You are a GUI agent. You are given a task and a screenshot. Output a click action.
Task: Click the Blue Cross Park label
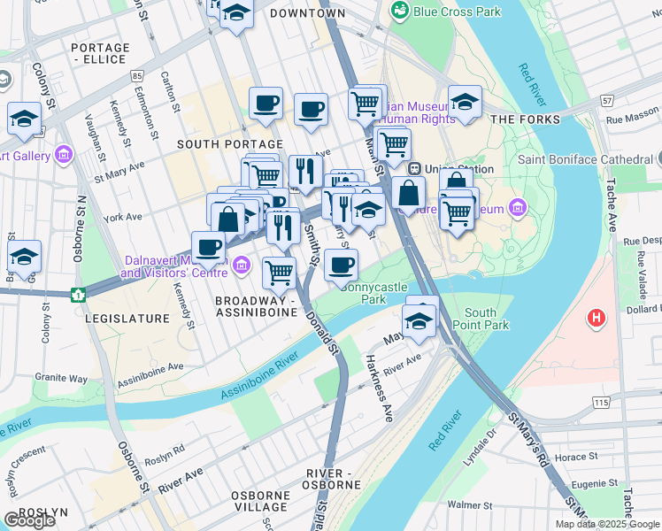click(x=450, y=11)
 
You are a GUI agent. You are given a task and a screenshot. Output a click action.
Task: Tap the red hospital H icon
click(x=598, y=317)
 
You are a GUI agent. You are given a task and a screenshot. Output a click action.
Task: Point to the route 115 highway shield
click(x=603, y=403)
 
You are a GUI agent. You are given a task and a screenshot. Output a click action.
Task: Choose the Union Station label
click(x=444, y=168)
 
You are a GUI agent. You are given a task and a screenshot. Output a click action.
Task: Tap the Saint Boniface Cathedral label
click(x=584, y=159)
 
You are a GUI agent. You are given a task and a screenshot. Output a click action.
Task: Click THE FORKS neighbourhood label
click(x=525, y=119)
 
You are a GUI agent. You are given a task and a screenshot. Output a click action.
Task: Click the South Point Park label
click(x=487, y=319)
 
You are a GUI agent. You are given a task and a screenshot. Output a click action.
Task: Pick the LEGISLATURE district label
click(x=127, y=318)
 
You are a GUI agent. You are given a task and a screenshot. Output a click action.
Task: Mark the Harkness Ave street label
click(x=378, y=389)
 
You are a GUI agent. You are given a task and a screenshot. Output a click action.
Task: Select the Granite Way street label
click(x=61, y=378)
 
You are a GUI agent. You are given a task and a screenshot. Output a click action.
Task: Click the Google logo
click(x=29, y=520)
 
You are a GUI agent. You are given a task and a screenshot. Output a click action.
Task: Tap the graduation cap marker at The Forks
click(x=465, y=102)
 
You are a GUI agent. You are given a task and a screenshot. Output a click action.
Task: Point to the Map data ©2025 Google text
click(x=607, y=524)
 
